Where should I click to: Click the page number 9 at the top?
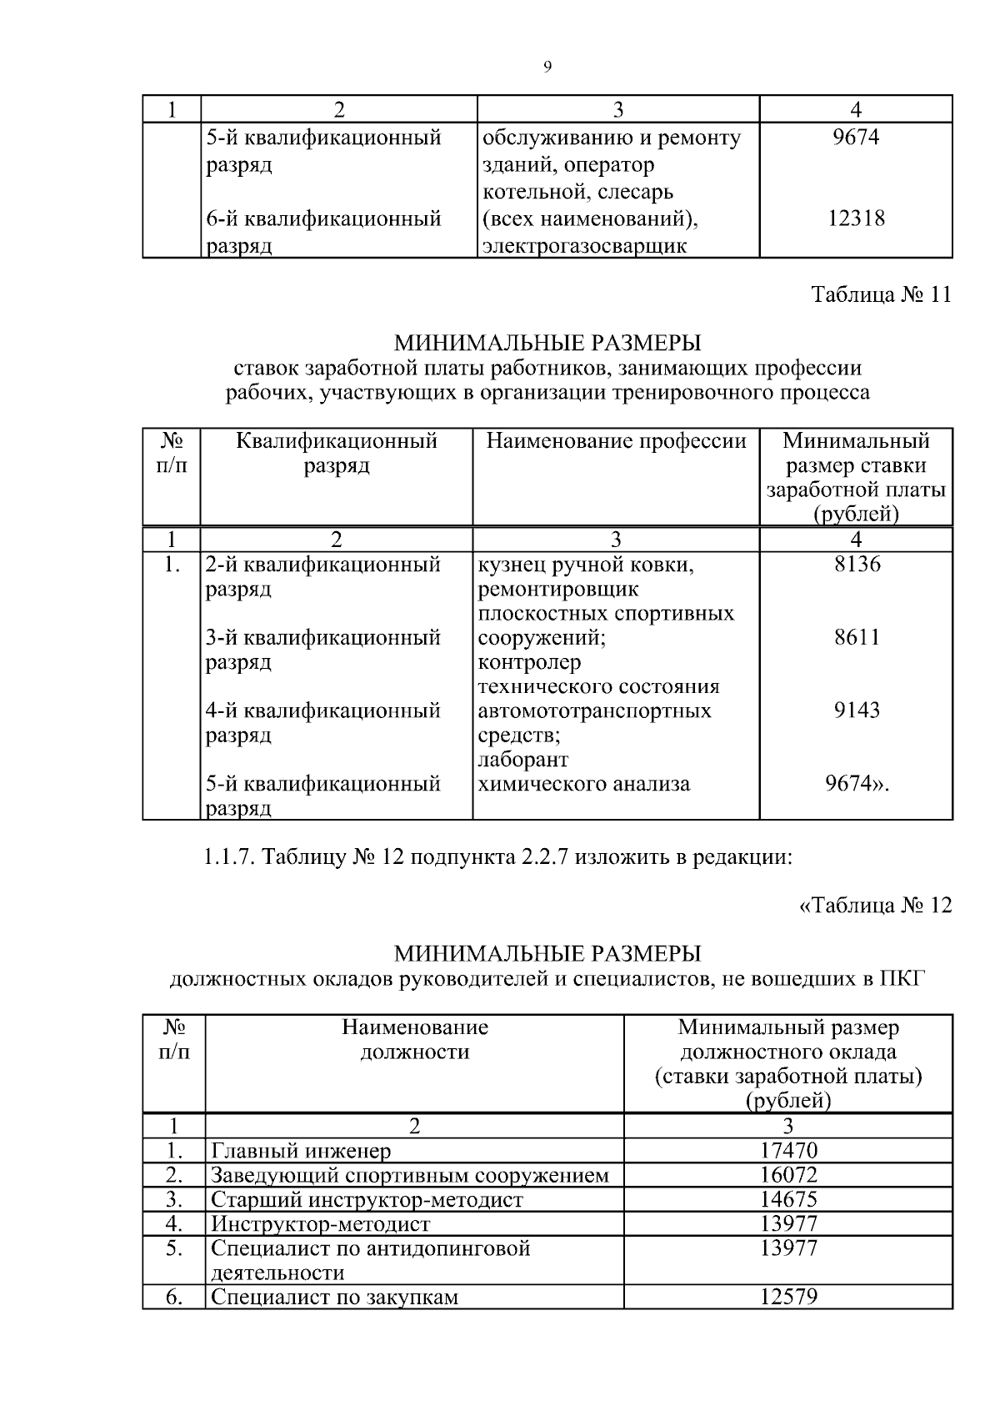pos(547,68)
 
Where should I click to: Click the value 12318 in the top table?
pos(856,219)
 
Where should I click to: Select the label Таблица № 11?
pos(881,295)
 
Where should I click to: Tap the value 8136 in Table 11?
pos(857,565)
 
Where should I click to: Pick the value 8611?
pos(857,638)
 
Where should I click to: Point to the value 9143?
pos(857,711)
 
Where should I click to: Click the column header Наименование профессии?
pos(616,441)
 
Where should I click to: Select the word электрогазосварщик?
pos(585,246)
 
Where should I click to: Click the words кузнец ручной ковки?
pos(586,565)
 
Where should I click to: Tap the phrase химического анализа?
pos(583,784)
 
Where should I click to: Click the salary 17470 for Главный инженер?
pos(788,1151)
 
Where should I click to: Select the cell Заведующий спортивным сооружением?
pos(410,1176)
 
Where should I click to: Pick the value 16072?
pos(788,1176)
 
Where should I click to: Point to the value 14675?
pos(788,1200)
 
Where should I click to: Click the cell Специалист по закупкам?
pos(335,1298)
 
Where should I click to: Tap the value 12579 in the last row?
pos(788,1298)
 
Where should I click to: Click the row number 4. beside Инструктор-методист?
pos(173,1224)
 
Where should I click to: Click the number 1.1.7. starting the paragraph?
pos(228,856)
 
